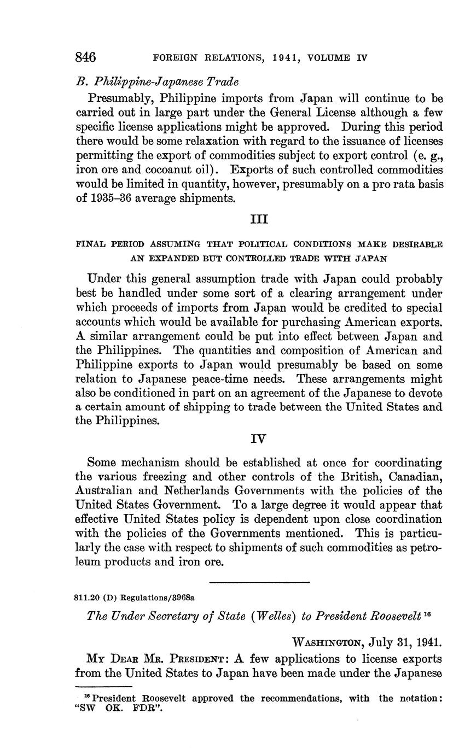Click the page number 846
click(x=85, y=57)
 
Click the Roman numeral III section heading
click(x=258, y=219)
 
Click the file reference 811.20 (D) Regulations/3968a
click(x=133, y=598)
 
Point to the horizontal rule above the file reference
click(x=259, y=581)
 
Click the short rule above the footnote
click(x=103, y=686)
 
